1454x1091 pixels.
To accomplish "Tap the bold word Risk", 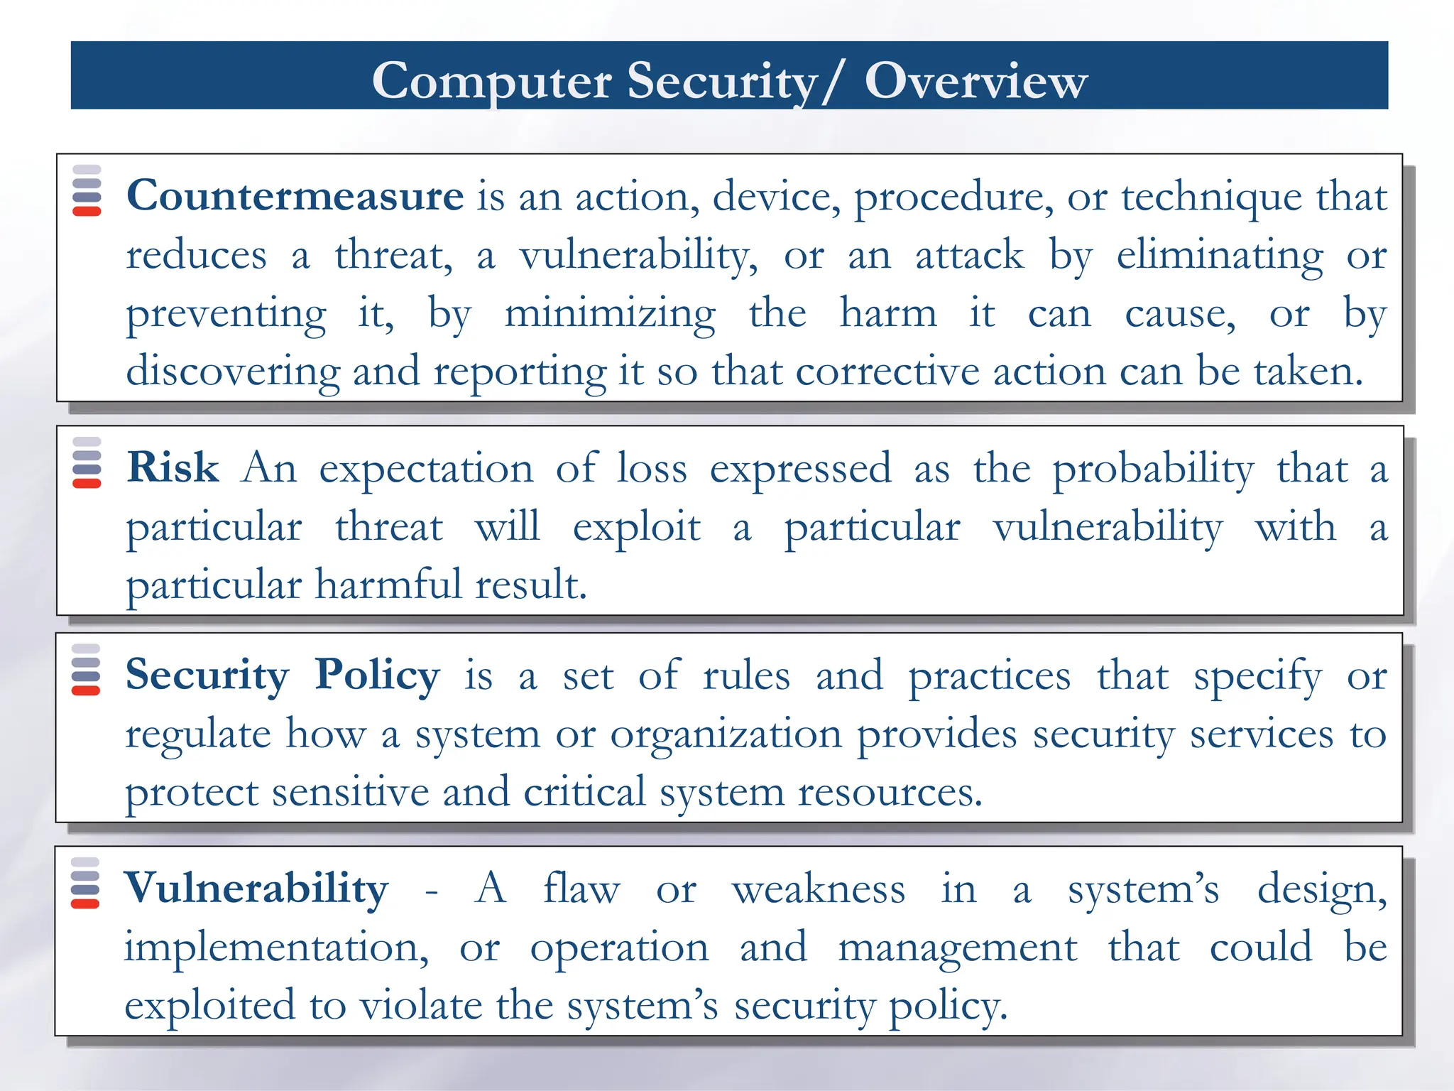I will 173,468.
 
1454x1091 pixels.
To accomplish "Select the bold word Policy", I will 377,675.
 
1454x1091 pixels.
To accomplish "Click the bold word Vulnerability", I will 256,889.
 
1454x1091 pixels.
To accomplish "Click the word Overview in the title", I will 975,80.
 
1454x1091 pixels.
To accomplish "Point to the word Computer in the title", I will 491,80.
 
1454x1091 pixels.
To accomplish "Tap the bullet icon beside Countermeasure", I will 87,190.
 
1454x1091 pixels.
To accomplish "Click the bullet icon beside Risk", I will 87,462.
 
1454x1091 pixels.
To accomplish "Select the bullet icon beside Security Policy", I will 86,670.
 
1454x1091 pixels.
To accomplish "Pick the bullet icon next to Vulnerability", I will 85,883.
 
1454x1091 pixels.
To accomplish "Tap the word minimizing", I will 610,313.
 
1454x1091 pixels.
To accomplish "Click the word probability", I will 1153,469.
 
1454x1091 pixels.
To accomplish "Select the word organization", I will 726,734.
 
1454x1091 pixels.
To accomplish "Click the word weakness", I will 818,889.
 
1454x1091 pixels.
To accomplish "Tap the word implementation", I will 276,948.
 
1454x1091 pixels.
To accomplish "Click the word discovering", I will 233,371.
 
